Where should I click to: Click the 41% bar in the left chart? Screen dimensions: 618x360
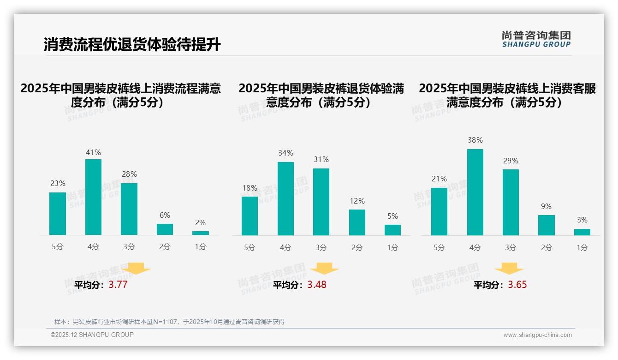point(94,197)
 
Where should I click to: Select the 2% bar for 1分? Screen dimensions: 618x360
point(201,233)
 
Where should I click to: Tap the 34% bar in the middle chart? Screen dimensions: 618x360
point(285,198)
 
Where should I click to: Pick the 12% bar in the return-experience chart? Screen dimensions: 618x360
point(357,222)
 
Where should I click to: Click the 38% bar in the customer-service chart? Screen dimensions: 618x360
point(475,192)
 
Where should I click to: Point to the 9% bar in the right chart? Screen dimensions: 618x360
point(547,225)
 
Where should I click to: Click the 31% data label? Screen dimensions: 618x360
point(321,160)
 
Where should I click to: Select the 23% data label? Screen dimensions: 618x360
point(58,184)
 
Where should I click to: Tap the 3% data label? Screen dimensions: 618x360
point(582,220)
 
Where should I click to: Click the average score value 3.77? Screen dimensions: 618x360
point(118,285)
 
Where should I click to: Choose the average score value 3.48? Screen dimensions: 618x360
point(317,285)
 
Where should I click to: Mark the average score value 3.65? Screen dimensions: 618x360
point(517,285)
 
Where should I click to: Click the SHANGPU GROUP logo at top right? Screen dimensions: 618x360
point(536,39)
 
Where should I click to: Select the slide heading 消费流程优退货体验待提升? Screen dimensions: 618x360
point(132,45)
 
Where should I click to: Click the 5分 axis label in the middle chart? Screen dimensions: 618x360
point(250,248)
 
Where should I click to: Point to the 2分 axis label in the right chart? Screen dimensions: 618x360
point(547,248)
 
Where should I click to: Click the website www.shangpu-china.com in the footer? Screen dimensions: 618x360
point(537,335)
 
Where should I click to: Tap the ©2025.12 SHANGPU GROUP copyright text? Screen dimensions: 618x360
point(92,335)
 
